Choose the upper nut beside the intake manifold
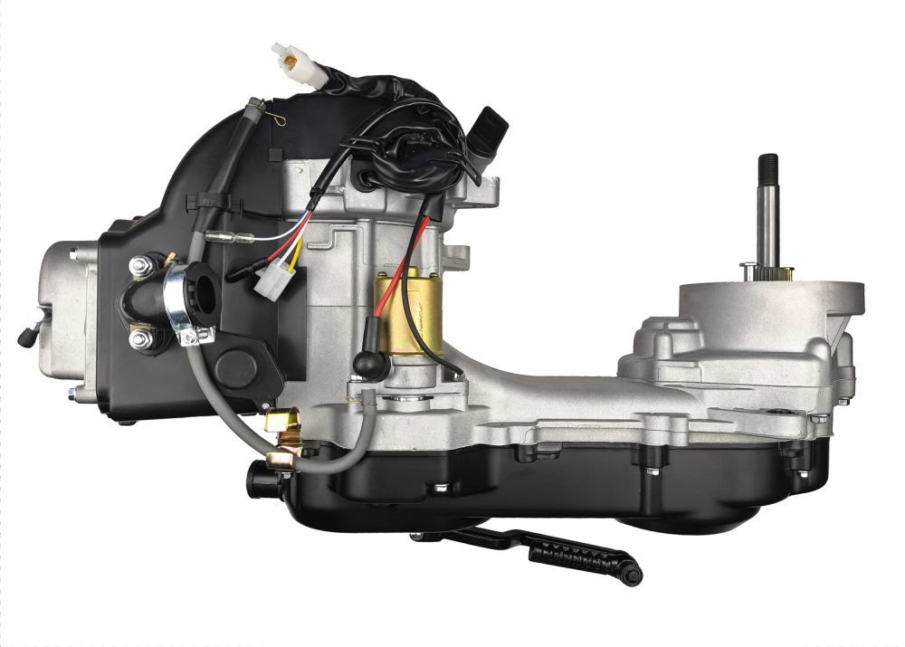pyautogui.click(x=140, y=266)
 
